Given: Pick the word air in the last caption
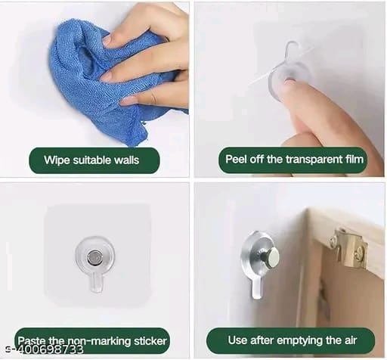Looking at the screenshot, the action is (351, 340).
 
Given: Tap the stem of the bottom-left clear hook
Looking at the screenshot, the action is (96, 282).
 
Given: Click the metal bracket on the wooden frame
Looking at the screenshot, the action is (349, 248).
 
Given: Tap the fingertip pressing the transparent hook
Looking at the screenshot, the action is (289, 85).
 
